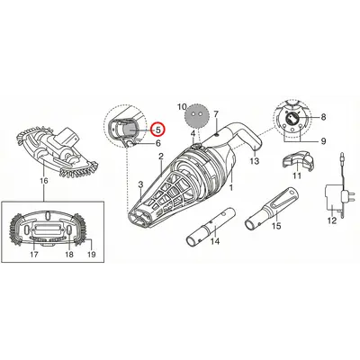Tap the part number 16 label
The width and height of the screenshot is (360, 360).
click(44, 181)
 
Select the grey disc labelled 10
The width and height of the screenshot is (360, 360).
click(195, 116)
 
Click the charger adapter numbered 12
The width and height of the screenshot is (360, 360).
click(336, 192)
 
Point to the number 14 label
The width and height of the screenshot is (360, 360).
click(215, 241)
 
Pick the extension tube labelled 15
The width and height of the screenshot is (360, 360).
click(272, 209)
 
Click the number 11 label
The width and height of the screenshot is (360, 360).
click(297, 175)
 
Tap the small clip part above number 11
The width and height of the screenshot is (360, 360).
click(299, 162)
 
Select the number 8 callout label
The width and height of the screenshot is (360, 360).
click(323, 117)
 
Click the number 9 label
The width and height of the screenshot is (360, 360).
click(323, 141)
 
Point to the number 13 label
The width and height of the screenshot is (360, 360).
click(255, 161)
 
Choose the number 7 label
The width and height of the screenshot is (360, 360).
click(216, 114)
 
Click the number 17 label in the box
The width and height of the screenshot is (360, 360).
click(34, 255)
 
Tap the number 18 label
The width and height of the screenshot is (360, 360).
click(69, 255)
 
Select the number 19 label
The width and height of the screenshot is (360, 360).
click(92, 255)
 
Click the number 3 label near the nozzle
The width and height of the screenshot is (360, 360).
click(141, 184)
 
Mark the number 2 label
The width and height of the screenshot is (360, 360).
click(161, 157)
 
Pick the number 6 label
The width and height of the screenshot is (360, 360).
click(157, 143)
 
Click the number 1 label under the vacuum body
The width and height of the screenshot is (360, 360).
click(231, 188)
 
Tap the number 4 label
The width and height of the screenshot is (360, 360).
click(193, 133)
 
